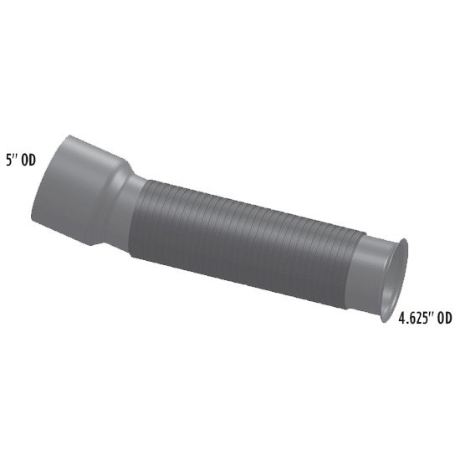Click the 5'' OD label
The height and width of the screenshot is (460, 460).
[21, 161]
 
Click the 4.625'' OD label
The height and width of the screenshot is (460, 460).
[425, 318]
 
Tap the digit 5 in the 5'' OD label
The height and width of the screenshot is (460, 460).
[9, 161]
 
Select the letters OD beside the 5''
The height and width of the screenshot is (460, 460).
[28, 161]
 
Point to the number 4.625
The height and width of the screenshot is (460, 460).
[411, 319]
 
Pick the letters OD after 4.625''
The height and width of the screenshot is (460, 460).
[445, 318]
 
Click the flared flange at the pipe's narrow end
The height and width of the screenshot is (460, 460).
[395, 280]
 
